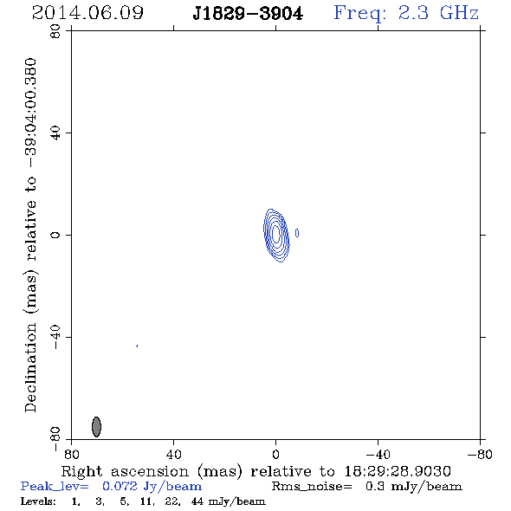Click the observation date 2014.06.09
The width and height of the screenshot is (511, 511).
point(87,13)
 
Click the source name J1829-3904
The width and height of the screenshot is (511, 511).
point(248,14)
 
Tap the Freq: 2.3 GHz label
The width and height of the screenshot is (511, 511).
point(406,13)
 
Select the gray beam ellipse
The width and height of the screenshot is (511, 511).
point(96,427)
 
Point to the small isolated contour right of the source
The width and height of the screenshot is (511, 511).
point(297,233)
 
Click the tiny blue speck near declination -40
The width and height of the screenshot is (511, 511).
point(137,346)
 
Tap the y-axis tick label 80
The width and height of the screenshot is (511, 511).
point(55,31)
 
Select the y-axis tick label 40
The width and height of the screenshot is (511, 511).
point(55,133)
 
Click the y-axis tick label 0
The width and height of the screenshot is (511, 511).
point(55,235)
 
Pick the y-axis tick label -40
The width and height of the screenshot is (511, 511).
point(55,337)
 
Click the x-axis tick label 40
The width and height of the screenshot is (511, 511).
point(173,454)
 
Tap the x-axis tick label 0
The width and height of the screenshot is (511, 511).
point(275,454)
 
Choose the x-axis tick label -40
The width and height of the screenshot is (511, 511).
point(378,454)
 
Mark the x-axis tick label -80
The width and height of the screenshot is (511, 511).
point(480,454)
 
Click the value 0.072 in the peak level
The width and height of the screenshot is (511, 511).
point(120,486)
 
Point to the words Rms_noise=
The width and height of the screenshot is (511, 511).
point(312,486)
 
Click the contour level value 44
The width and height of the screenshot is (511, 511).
point(197,501)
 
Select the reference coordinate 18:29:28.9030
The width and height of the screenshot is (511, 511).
point(398,471)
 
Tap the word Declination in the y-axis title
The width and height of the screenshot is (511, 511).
point(30,367)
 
